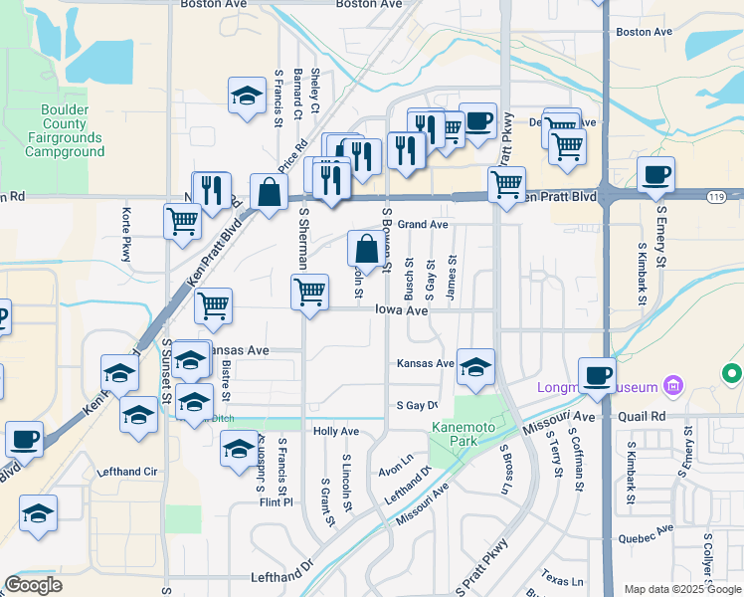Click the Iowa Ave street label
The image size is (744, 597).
[402, 310]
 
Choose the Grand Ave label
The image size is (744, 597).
[424, 225]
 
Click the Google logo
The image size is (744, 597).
[33, 585]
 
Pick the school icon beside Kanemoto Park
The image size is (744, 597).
[475, 365]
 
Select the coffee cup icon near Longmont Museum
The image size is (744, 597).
[596, 374]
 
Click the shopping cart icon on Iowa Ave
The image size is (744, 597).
[309, 293]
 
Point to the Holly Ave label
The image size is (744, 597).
[335, 432]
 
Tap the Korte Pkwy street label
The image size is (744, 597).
[126, 235]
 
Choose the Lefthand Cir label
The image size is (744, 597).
[129, 472]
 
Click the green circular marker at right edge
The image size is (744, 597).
[733, 374]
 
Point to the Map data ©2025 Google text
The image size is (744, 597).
[681, 589]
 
